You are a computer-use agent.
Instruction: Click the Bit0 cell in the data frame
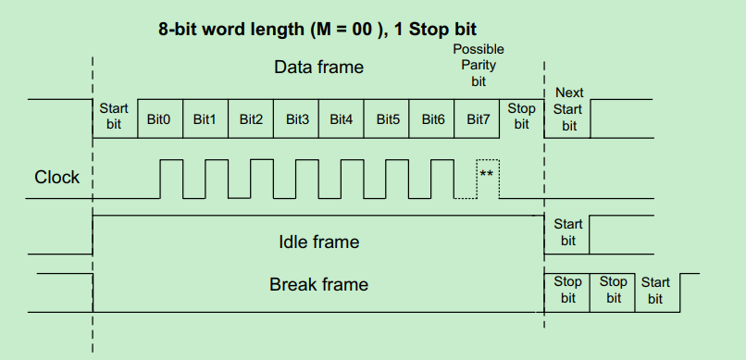160,118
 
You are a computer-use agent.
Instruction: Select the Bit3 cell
297,118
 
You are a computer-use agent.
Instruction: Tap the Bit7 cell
479,118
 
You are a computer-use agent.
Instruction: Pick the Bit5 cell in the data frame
388,118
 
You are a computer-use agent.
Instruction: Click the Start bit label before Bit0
114,117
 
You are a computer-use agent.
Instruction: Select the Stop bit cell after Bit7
521,117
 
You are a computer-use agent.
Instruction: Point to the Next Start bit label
568,109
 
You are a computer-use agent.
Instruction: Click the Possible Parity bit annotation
479,65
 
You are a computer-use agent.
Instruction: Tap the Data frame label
318,67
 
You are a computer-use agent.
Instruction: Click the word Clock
57,177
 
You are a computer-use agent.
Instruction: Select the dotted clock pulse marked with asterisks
487,178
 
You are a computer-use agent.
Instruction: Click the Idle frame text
318,242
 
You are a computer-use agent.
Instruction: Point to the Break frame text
318,284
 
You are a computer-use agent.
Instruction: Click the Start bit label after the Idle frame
567,232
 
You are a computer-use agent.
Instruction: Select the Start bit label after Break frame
655,291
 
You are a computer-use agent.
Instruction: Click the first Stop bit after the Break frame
567,290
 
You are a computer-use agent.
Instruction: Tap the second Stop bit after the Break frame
613,290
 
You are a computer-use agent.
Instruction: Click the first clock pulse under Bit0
171,178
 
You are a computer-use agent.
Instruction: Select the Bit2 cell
252,118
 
